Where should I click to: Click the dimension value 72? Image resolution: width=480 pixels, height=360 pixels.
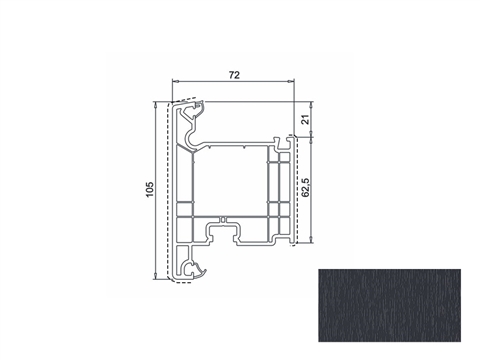pos(234,75)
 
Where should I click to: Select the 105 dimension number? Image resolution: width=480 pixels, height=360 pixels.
pos(150,189)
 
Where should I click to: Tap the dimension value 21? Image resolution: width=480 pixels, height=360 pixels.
pos(305,119)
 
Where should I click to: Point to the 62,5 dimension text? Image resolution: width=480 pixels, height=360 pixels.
pos(305,188)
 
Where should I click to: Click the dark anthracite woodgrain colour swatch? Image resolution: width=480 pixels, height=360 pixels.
pos(389,305)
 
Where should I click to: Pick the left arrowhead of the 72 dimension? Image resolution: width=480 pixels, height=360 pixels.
pos(175,81)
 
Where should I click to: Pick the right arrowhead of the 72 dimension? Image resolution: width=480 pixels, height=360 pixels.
pos(291,81)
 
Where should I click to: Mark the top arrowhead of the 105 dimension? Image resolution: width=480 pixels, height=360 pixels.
pos(156,106)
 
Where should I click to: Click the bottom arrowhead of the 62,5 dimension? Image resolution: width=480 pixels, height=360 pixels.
pos(311,240)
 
